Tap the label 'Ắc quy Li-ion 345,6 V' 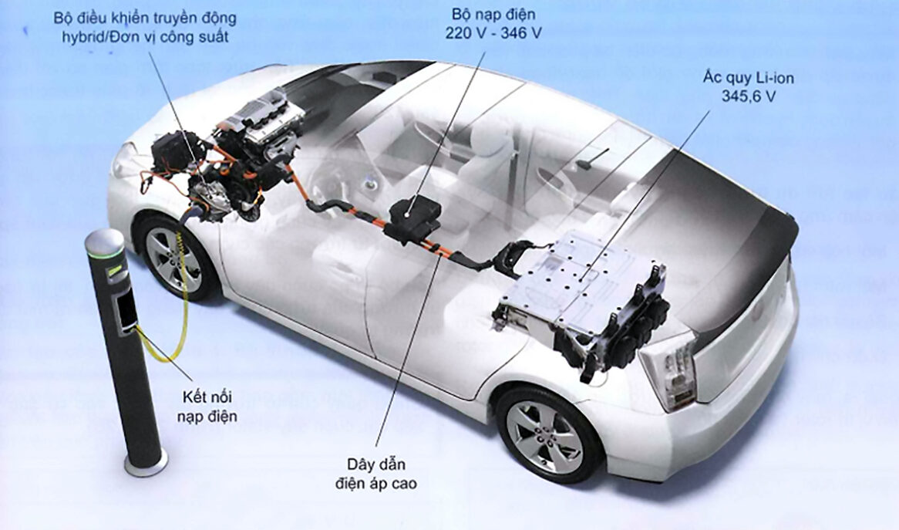(x=746, y=86)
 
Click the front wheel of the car (x=173, y=259)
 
